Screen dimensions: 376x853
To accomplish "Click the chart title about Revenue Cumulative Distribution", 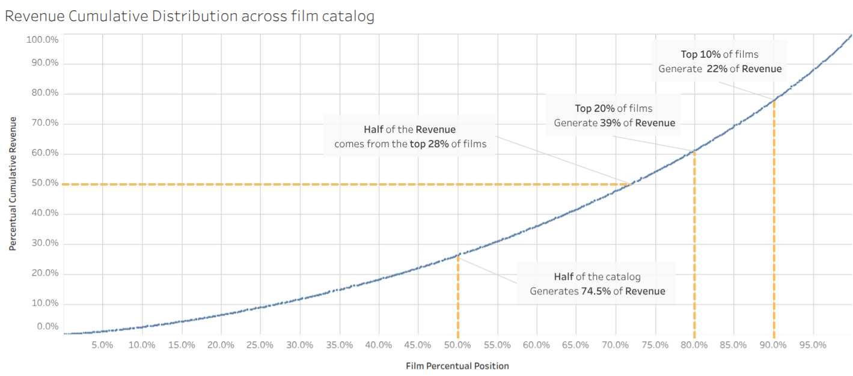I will pyautogui.click(x=189, y=16).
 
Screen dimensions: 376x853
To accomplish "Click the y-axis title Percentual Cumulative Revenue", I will pyautogui.click(x=12, y=184).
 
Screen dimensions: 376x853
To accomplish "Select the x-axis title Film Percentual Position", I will pyautogui.click(x=457, y=366).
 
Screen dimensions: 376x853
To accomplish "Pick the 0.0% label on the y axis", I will pyautogui.click(x=48, y=327).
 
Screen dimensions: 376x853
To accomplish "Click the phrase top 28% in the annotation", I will pyautogui.click(x=429, y=144).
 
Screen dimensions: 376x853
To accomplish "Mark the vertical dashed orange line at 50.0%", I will pyautogui.click(x=457, y=300).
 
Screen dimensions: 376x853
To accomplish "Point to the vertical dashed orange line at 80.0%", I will pyautogui.click(x=694, y=252).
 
